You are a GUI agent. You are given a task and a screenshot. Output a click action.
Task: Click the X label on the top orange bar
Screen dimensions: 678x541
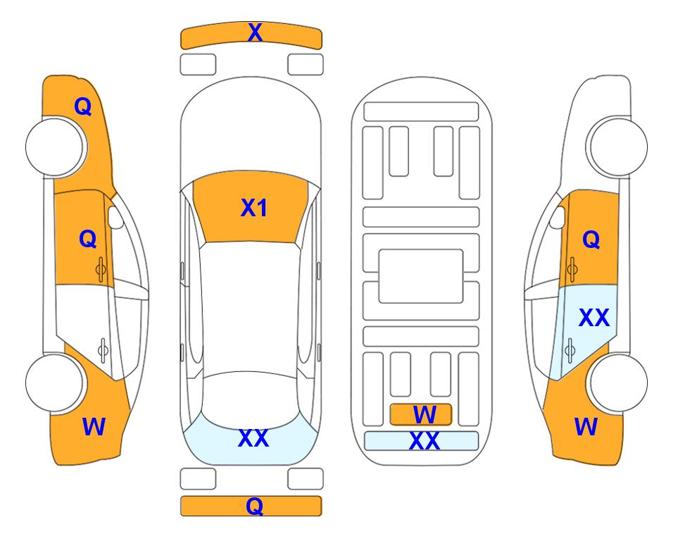pyautogui.click(x=255, y=32)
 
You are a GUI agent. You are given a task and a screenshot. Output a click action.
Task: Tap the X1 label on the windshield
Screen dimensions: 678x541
pyautogui.click(x=254, y=208)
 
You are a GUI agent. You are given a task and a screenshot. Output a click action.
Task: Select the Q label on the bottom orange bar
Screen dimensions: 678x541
pyautogui.click(x=255, y=506)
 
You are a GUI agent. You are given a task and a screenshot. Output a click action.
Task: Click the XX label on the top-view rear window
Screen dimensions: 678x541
pyautogui.click(x=253, y=438)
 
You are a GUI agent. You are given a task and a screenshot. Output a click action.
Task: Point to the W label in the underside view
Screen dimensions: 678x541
pyautogui.click(x=425, y=415)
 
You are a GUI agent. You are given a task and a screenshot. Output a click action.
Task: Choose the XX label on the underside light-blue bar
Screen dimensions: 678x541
pyautogui.click(x=425, y=441)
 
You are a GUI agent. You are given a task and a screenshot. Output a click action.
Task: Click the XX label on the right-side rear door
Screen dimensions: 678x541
pyautogui.click(x=594, y=318)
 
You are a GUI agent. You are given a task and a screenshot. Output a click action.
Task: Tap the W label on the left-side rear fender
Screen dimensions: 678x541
pyautogui.click(x=94, y=427)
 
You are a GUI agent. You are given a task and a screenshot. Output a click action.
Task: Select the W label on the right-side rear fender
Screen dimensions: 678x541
pyautogui.click(x=586, y=427)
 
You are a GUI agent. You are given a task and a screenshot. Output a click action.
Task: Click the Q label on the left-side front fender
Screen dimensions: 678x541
pyautogui.click(x=83, y=106)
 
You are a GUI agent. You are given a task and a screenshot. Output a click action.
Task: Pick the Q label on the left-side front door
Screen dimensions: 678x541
pyautogui.click(x=88, y=239)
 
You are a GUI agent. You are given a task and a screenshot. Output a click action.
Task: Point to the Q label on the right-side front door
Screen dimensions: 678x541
pyautogui.click(x=591, y=240)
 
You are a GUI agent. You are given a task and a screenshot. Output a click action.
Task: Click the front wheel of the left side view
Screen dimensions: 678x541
pyautogui.click(x=56, y=147)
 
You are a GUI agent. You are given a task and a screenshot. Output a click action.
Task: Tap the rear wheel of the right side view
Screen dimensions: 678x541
pyautogui.click(x=617, y=383)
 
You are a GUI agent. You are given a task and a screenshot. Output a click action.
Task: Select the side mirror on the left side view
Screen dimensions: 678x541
pyautogui.click(x=115, y=217)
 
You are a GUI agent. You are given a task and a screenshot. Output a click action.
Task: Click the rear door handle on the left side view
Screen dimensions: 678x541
pyautogui.click(x=103, y=349)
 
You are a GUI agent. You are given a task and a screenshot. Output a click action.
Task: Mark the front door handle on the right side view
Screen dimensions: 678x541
pyautogui.click(x=572, y=269)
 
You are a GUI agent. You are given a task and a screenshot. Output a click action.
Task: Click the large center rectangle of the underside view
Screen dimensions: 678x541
pyautogui.click(x=421, y=276)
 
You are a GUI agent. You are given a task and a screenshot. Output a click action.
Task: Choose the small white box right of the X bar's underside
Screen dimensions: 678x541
pyautogui.click(x=306, y=65)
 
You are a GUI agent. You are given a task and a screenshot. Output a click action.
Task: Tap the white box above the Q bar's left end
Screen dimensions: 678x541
pyautogui.click(x=198, y=479)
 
